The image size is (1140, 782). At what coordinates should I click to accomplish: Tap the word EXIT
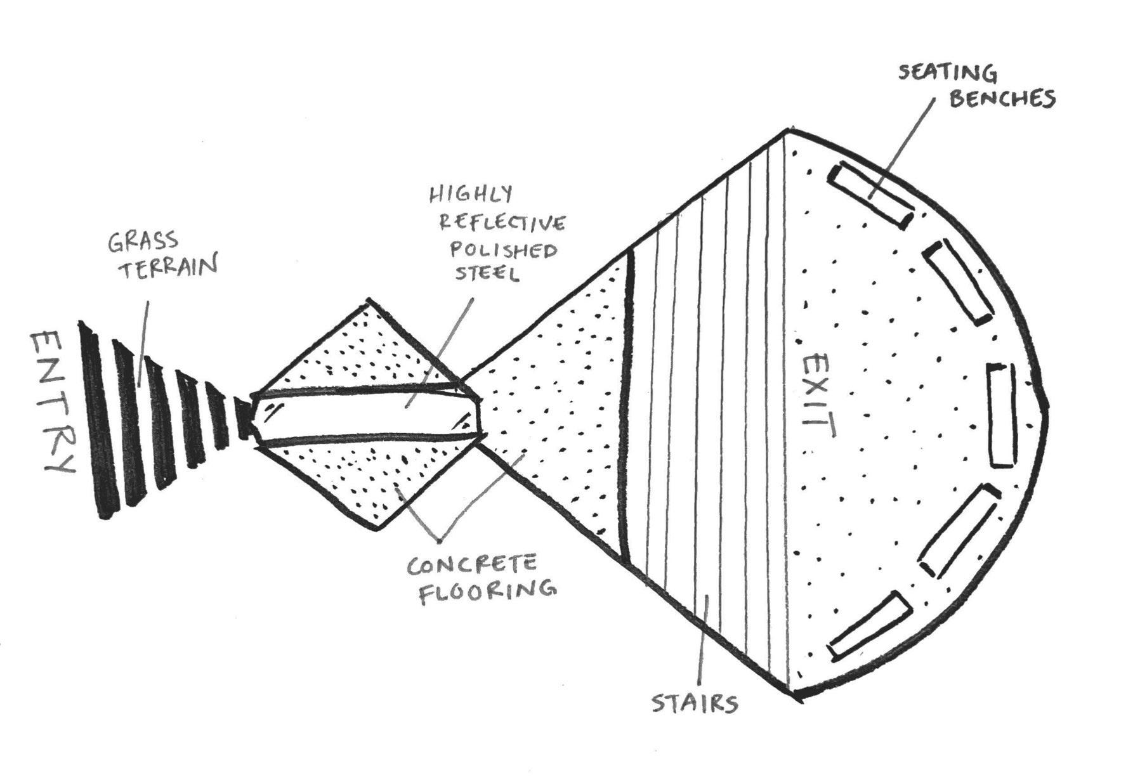click(817, 396)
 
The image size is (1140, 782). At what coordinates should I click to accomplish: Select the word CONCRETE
click(472, 564)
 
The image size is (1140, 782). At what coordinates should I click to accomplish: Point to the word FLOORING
click(487, 590)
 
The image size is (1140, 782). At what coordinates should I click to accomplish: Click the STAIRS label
click(695, 703)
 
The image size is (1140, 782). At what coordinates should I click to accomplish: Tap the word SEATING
click(947, 74)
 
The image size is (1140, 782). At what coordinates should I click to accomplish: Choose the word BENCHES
click(1002, 99)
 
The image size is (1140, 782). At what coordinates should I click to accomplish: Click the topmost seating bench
click(869, 195)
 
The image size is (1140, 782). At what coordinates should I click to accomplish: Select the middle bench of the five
click(1001, 415)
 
